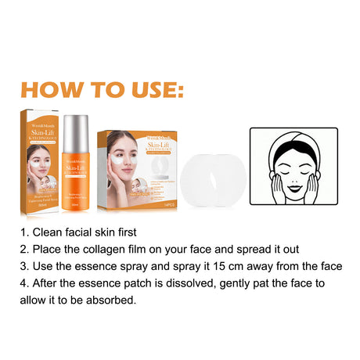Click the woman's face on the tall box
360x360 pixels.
38,157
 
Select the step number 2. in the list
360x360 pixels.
26,249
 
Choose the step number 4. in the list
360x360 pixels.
26,283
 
